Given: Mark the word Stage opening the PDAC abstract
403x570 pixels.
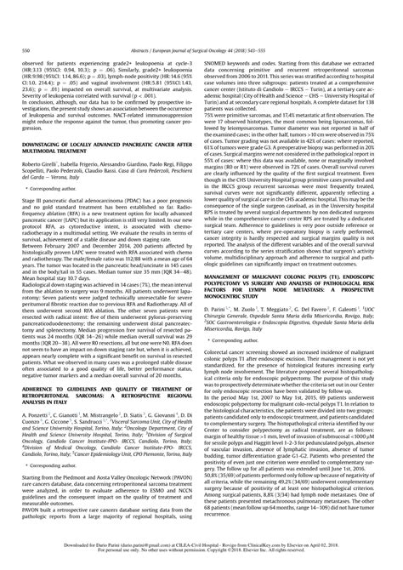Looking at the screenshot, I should [44, 197].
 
